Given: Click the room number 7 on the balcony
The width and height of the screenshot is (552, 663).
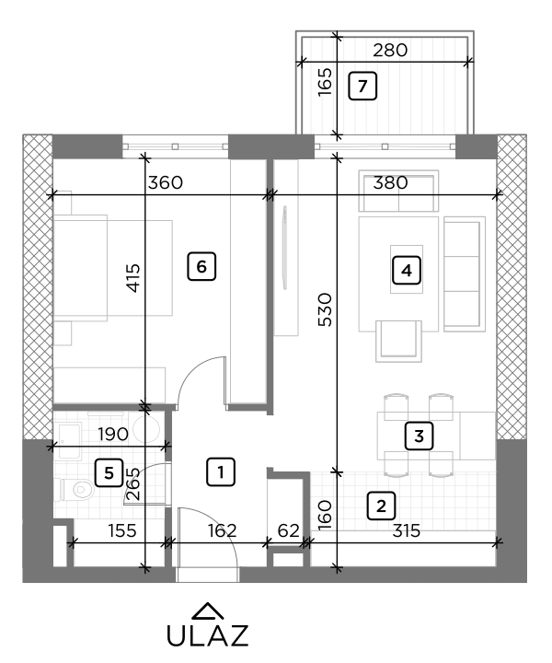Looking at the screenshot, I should click(x=362, y=87).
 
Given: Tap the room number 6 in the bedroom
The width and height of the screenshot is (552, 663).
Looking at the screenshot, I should click(x=201, y=266).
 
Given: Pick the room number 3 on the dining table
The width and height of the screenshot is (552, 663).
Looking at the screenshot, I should click(x=418, y=436).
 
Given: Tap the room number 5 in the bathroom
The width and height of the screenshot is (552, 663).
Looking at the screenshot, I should click(x=109, y=473).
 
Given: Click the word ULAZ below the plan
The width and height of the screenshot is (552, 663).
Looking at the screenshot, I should click(x=207, y=636).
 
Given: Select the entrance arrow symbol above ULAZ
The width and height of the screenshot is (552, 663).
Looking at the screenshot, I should click(x=208, y=610).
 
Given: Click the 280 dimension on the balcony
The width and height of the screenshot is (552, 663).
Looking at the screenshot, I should click(x=389, y=51).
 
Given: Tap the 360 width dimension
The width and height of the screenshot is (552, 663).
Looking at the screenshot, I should click(x=166, y=182).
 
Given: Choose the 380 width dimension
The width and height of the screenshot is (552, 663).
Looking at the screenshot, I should click(x=389, y=182).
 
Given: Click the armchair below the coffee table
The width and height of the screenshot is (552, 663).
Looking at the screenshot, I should click(x=399, y=341).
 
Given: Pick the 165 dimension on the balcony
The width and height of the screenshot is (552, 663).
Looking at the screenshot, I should click(x=325, y=84).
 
